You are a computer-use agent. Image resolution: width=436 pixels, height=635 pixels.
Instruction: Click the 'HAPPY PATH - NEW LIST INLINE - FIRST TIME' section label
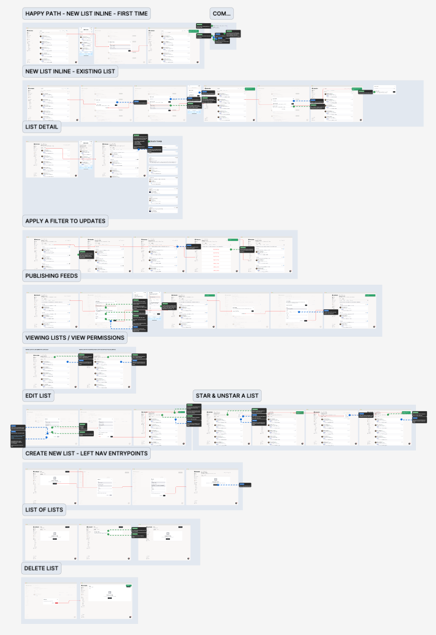[87, 14]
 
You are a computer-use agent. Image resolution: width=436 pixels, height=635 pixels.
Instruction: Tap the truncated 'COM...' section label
[222, 14]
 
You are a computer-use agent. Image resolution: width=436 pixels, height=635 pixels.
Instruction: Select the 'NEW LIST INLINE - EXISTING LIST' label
[70, 71]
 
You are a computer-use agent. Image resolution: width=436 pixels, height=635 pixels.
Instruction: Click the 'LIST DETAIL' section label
[42, 127]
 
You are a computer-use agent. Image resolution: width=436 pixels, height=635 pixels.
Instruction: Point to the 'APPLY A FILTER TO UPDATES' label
[65, 221]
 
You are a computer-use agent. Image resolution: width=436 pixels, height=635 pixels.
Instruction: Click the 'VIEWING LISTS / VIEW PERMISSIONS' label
[75, 338]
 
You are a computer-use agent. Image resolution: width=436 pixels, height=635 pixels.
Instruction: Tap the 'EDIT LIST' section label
[38, 396]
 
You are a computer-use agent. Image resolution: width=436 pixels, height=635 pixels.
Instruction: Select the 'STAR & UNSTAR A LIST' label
[227, 396]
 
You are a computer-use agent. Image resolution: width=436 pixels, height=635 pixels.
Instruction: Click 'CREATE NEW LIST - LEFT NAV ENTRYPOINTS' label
[87, 454]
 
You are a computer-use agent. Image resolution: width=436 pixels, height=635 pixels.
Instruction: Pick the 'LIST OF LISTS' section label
[44, 510]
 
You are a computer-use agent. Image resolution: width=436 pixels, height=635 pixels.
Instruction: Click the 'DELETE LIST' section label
[42, 568]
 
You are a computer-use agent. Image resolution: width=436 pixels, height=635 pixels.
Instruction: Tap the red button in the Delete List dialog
[56, 603]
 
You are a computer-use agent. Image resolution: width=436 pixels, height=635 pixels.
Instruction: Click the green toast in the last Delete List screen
[129, 586]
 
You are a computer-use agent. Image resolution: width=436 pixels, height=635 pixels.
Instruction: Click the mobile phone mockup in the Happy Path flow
[86, 44]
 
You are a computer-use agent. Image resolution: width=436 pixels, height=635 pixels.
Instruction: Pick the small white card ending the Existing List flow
[385, 89]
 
